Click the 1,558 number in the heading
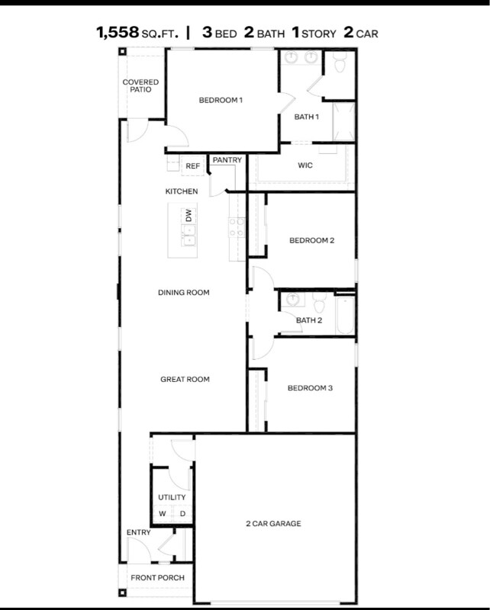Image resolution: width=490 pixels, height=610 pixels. [118, 33]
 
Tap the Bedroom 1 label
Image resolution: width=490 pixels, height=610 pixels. [221, 100]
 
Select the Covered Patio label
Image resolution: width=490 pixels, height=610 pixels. [141, 85]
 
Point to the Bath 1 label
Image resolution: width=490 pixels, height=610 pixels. [307, 117]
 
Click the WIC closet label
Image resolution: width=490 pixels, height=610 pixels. [305, 165]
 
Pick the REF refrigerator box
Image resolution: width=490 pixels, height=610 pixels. [192, 165]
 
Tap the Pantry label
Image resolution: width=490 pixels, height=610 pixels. [227, 160]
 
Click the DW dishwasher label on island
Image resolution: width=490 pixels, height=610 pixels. [188, 217]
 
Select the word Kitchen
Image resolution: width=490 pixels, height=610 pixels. [182, 191]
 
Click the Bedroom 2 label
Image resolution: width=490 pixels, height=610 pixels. [311, 241]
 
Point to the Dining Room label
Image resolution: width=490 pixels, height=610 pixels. [183, 292]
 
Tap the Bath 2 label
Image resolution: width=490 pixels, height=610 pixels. [309, 320]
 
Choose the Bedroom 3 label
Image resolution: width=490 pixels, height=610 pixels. [310, 388]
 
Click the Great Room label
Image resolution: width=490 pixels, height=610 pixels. [185, 379]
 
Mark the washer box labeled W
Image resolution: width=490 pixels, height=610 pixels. [163, 514]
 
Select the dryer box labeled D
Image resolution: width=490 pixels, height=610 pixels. [182, 514]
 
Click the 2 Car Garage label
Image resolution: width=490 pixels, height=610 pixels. [273, 524]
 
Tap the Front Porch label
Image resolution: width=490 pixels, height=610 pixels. [158, 578]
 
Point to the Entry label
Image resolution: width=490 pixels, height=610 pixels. [139, 532]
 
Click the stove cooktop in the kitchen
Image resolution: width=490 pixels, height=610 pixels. [236, 226]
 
